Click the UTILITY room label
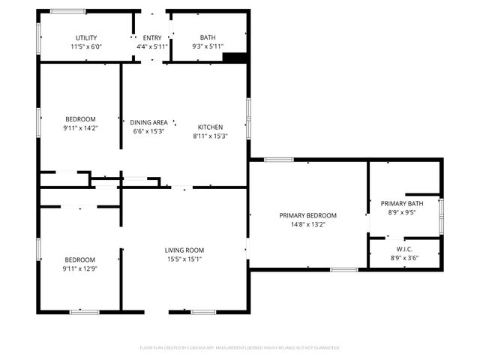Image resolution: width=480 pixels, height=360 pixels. coord(85,37)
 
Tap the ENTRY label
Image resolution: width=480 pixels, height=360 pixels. coord(151,37)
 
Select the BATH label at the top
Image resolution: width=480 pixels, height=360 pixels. coord(208,37)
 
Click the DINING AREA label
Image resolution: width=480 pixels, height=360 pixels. coord(148,122)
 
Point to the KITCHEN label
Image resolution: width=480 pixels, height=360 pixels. coord(210,127)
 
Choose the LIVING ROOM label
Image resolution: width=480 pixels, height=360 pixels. coord(184,250)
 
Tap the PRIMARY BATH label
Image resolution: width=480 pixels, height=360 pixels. coord(402,203)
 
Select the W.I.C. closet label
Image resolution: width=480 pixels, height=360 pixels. coord(404,249)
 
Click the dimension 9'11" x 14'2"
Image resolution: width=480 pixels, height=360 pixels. coord(80,128)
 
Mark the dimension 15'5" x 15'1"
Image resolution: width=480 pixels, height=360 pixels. coord(184,259)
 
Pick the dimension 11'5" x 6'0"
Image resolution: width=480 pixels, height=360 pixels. coord(85,46)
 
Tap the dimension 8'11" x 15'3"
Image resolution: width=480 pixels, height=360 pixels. coord(210,136)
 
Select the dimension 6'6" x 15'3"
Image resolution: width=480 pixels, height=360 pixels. coord(148,131)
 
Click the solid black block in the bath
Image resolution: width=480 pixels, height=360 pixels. coord(235,58)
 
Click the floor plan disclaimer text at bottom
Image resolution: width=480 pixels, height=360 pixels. coord(240,347)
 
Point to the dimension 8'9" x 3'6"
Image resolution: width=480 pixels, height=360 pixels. coord(404,258)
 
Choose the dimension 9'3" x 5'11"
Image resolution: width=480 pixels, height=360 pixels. coord(208,46)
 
